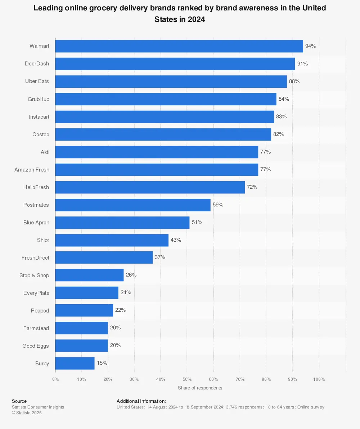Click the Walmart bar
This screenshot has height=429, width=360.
(179, 46)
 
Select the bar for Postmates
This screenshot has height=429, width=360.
(133, 205)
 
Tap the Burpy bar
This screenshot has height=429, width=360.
(75, 363)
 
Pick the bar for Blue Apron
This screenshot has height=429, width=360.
(122, 223)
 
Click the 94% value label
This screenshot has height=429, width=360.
(310, 46)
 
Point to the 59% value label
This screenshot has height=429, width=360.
(218, 205)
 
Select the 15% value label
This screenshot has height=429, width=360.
(102, 363)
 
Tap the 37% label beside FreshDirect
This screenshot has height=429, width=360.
(160, 257)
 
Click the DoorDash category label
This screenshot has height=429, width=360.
(37, 64)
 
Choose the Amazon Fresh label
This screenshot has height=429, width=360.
(32, 169)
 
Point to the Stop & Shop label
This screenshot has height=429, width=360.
(34, 275)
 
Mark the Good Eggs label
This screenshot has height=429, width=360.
(36, 346)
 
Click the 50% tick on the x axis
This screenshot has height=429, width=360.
(187, 379)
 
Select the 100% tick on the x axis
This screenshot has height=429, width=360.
(319, 379)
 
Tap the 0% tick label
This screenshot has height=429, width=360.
(55, 379)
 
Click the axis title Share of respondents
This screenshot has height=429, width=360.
(200, 388)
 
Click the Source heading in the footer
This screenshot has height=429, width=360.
(19, 401)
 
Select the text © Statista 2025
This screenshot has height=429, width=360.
(27, 413)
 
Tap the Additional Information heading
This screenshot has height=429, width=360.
(141, 401)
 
